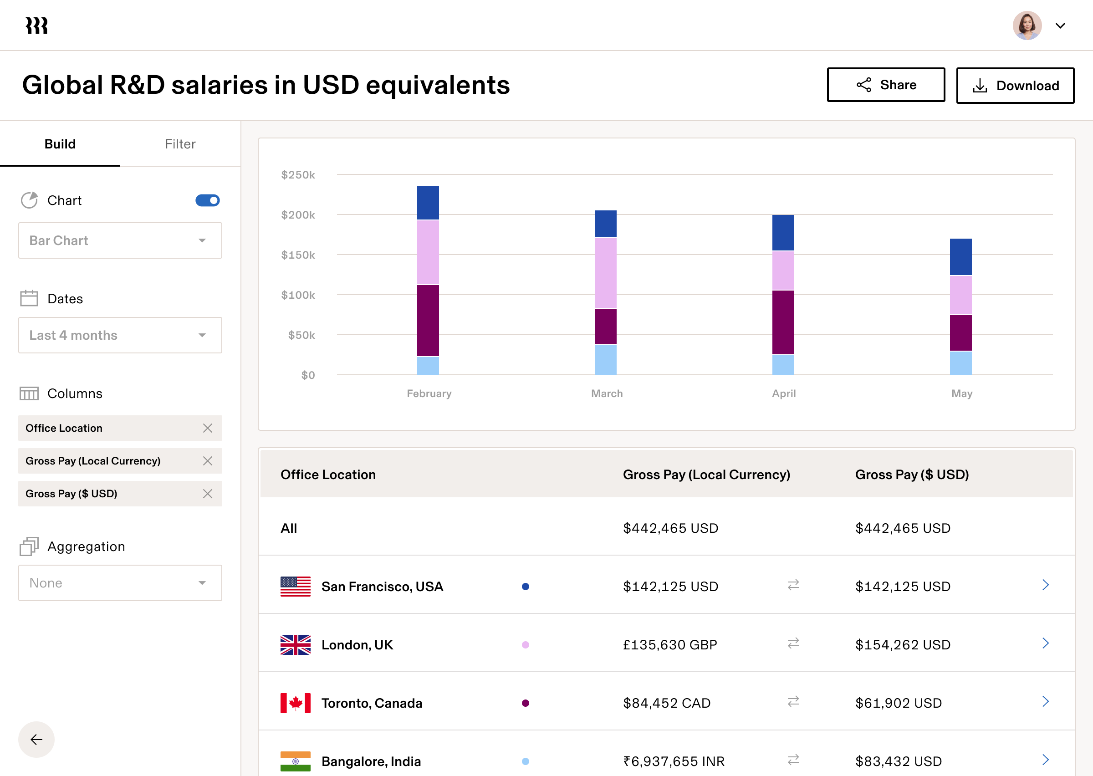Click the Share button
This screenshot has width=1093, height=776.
point(886,85)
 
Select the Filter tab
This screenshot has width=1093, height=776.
point(180,144)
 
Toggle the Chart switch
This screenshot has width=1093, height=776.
point(207,200)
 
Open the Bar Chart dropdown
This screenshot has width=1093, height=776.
point(120,240)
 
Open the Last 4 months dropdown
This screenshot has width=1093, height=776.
point(120,335)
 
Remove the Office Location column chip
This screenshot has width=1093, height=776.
point(207,428)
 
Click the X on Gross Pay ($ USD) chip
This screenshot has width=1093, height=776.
point(207,494)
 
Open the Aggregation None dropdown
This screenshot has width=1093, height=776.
point(120,583)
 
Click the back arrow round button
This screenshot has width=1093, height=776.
point(36,739)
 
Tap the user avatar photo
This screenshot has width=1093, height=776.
point(1027,26)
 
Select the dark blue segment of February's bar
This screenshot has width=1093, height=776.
point(428,203)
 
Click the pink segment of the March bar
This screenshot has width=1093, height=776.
point(605,272)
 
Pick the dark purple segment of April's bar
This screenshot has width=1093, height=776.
point(783,322)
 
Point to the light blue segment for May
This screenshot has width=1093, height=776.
point(960,363)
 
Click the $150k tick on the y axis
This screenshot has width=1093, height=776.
point(298,255)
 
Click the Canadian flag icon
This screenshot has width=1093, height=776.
point(295,703)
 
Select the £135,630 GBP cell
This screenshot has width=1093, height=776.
point(670,644)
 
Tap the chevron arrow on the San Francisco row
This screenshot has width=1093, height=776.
point(1045,585)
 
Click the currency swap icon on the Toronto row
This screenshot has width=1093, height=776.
point(793,701)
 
